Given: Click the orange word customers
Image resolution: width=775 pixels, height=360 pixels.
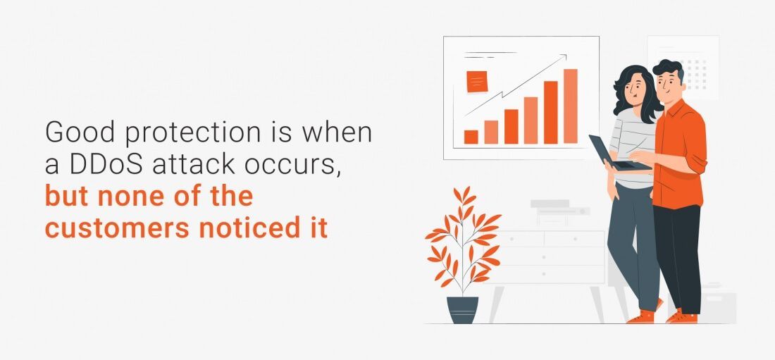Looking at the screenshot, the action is coord(117,228).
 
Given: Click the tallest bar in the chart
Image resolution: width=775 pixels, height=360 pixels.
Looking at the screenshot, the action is coord(571,106).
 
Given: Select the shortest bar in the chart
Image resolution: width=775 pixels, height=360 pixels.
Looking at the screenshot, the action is coord(471,137).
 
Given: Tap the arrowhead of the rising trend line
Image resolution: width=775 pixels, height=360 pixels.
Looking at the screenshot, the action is coord(563,58).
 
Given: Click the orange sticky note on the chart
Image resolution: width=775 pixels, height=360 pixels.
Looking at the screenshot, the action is coord(477,82).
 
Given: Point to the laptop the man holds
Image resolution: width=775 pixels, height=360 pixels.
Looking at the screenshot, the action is coord(618,154).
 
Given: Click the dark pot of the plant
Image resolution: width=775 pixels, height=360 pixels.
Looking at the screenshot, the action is coord(463,310).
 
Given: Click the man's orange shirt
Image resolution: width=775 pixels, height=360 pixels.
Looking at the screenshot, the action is coord(680,154).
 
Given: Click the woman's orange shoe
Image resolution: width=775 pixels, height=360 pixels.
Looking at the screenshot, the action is coord(640,316).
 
